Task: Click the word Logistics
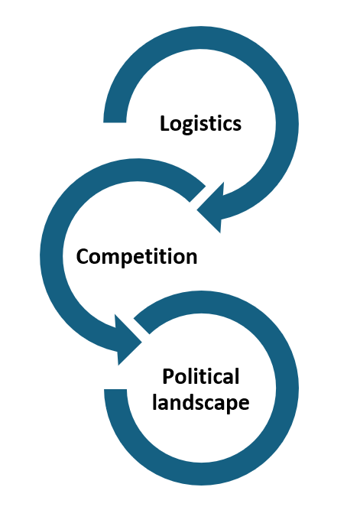[x=201, y=124]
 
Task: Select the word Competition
[x=137, y=257]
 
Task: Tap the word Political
[x=201, y=377]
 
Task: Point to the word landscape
[x=201, y=403]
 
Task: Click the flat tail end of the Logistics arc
[x=115, y=122]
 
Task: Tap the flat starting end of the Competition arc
[x=197, y=194]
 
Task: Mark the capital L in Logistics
[x=165, y=124]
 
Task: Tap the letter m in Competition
[x=113, y=258]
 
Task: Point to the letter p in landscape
[x=231, y=406]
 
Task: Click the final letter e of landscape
[x=244, y=404]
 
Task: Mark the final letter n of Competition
[x=191, y=258]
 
